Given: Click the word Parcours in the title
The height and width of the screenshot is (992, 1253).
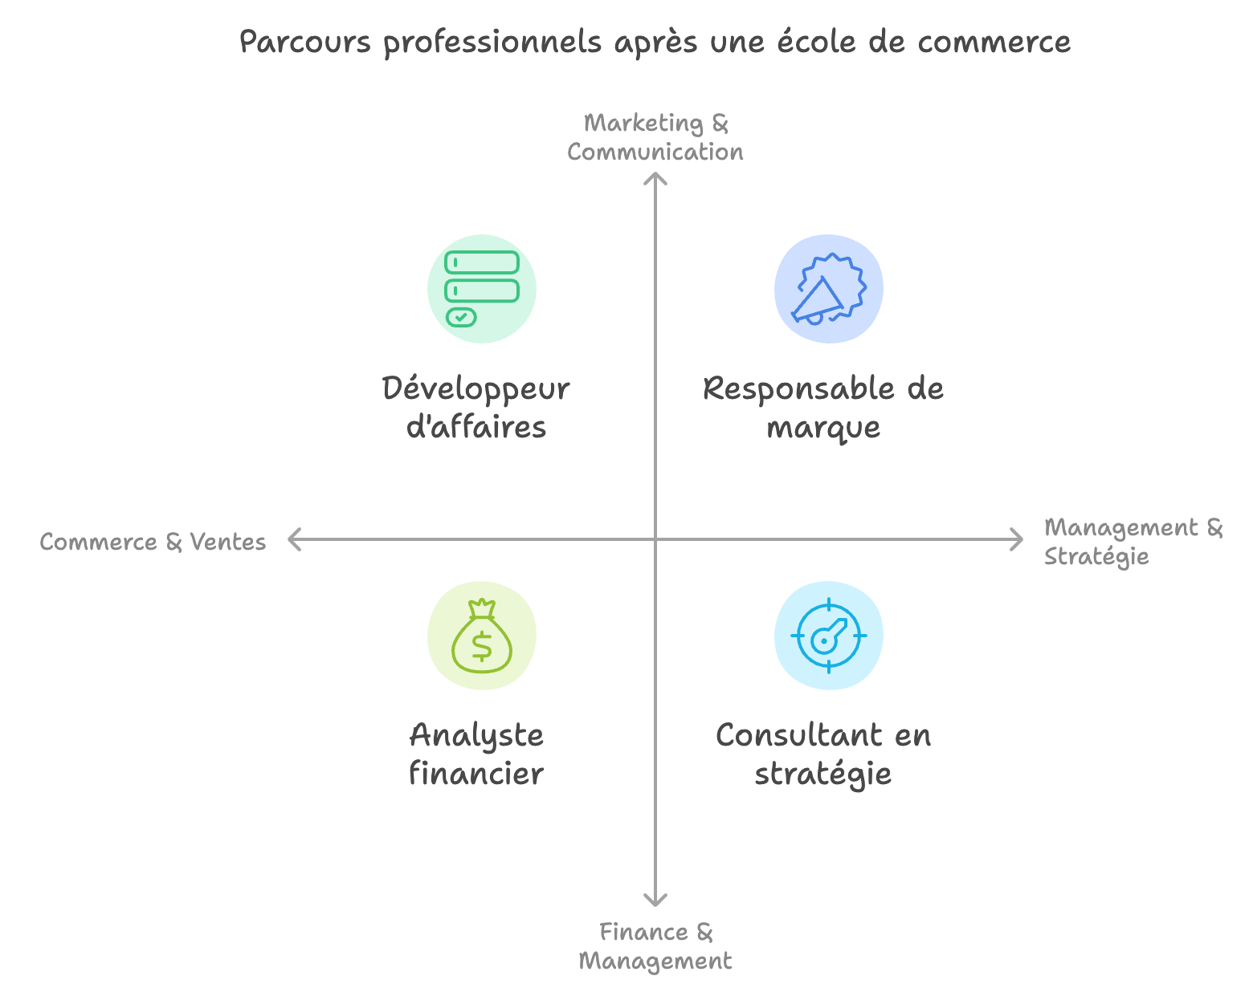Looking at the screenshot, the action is click(305, 42).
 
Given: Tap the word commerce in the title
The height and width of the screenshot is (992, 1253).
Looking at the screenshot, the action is click(994, 42).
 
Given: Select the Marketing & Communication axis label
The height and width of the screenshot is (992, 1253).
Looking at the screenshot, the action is click(655, 137).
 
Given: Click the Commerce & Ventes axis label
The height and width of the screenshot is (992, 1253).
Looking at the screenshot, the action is click(153, 542).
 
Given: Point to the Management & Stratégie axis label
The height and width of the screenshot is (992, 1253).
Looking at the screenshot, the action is click(1133, 542).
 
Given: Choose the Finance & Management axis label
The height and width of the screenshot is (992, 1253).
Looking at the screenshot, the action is click(655, 946).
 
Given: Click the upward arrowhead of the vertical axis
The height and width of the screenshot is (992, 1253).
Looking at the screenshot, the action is click(655, 178).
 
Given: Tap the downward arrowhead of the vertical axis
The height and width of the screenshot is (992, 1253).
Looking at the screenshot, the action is click(655, 900).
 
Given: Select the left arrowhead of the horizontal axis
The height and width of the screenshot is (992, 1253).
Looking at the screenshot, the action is click(294, 539).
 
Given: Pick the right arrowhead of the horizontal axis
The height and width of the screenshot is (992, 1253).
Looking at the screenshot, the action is click(1017, 539).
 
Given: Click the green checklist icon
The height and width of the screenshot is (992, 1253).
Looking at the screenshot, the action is click(481, 289).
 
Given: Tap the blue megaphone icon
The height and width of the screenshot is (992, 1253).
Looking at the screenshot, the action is click(829, 289).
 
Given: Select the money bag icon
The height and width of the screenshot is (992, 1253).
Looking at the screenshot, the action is click(481, 636).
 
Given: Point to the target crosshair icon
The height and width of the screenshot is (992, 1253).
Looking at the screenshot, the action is click(829, 636).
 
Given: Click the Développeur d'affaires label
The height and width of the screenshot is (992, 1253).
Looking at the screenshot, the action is click(475, 407).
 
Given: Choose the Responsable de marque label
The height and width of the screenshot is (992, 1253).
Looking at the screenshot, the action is click(822, 407).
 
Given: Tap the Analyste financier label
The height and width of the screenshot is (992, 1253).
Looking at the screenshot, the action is click(475, 754).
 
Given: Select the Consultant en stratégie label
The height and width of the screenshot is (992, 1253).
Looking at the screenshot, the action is click(822, 754).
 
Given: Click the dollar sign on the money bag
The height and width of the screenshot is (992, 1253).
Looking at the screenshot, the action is click(481, 646).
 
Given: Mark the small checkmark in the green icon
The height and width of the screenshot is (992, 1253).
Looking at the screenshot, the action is click(461, 317).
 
